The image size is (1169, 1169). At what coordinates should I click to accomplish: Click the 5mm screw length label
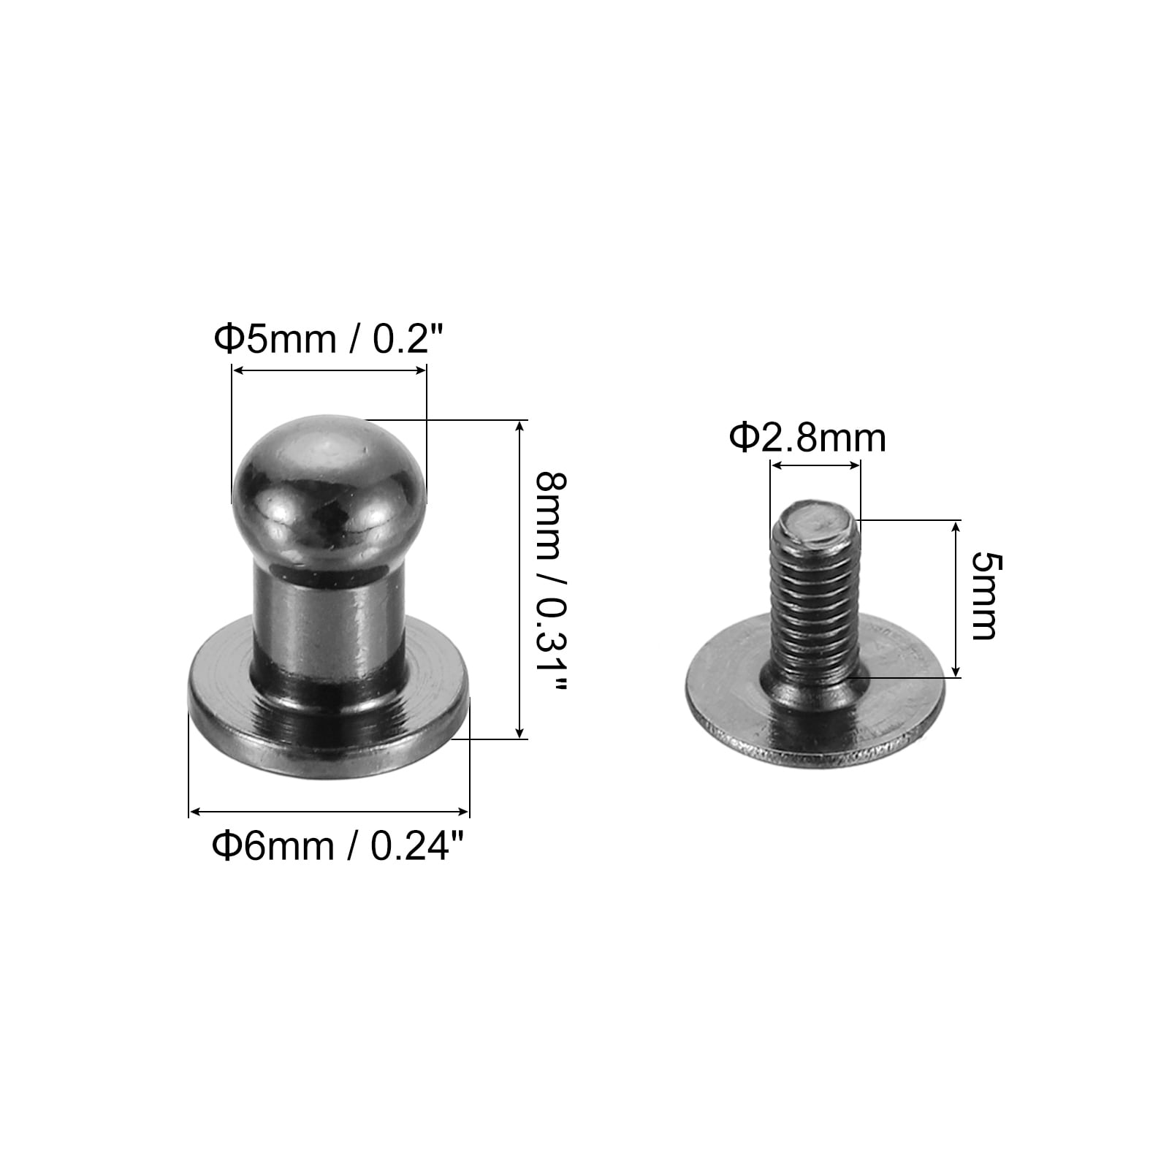[x=983, y=596]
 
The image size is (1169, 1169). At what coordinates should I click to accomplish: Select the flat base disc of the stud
[x=329, y=716]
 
